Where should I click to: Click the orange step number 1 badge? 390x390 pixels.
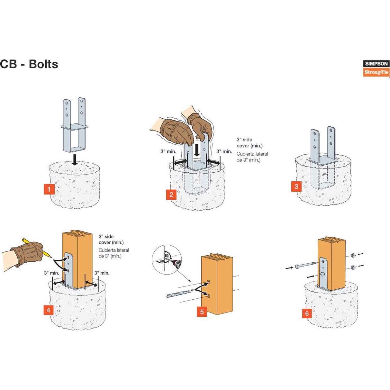tap(49, 189)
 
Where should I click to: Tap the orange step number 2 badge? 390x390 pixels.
tap(171, 195)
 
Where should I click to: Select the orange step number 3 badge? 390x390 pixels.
tap(296, 186)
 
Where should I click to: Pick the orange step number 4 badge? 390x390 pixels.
tap(48, 310)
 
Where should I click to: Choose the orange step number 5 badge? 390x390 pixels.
tap(202, 312)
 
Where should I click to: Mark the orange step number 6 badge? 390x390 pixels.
tap(307, 313)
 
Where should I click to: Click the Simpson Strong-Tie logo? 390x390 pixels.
tap(376, 68)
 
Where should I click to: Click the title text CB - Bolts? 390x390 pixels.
tap(29, 64)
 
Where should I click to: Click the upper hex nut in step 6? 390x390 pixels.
tap(353, 256)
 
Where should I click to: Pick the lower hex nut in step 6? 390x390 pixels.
tap(353, 267)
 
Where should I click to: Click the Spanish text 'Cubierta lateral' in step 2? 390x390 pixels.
tap(252, 154)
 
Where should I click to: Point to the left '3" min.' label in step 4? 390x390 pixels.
tap(51, 273)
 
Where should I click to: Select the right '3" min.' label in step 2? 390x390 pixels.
tap(224, 151)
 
